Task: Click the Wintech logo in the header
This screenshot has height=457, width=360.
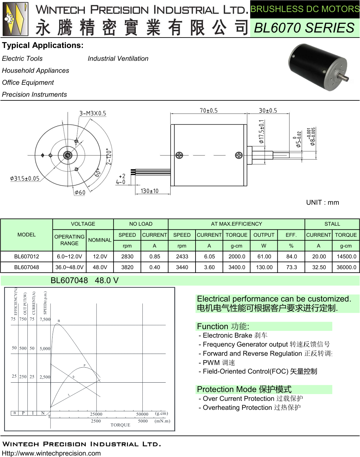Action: (15, 19)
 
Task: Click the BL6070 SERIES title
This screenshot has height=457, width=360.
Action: (304, 28)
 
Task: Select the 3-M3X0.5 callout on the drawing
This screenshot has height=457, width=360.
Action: (93, 113)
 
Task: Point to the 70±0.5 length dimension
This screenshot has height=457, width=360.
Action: (209, 111)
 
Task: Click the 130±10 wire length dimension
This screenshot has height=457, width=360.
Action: (149, 191)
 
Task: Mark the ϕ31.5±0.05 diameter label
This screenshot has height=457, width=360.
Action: (25, 178)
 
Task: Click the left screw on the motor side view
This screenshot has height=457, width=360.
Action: (180, 155)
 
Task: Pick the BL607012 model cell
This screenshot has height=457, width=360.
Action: (26, 256)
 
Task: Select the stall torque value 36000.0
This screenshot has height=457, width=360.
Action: (346, 267)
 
